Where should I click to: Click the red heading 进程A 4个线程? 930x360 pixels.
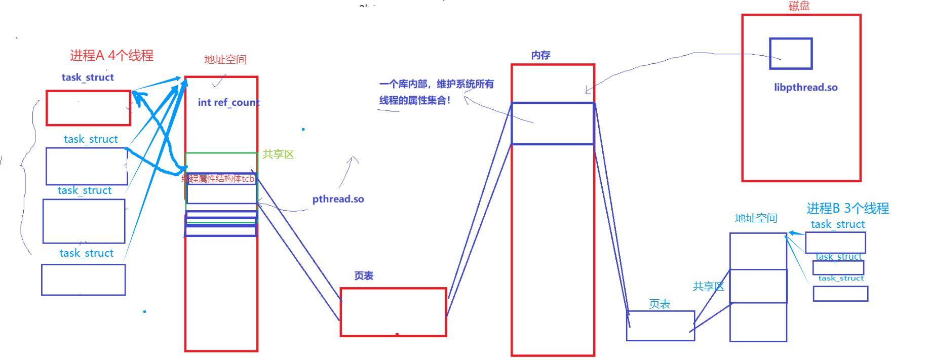[111, 55]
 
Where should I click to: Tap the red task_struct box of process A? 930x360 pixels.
[88, 108]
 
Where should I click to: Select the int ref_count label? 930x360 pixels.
[228, 102]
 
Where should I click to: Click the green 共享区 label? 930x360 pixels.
[278, 154]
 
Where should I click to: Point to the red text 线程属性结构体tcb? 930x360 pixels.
[218, 179]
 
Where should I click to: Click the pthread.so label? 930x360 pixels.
[338, 199]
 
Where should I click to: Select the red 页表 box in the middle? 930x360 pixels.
[393, 312]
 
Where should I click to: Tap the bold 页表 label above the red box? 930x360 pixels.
[363, 276]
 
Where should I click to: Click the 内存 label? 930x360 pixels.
[540, 55]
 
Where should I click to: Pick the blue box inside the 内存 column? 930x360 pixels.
[552, 124]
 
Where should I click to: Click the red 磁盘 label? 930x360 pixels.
[799, 6]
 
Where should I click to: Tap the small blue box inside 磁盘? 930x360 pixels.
[791, 53]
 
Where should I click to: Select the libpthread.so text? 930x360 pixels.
[805, 87]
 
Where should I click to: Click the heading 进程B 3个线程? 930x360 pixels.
[847, 208]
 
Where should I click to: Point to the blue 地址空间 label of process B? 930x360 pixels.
[756, 218]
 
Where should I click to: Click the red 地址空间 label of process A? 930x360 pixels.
[225, 60]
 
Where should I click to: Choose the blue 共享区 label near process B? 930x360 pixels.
[708, 287]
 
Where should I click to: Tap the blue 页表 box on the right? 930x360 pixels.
[660, 326]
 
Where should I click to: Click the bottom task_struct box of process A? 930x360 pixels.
[84, 279]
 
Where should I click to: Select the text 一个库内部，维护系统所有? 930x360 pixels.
[436, 84]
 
